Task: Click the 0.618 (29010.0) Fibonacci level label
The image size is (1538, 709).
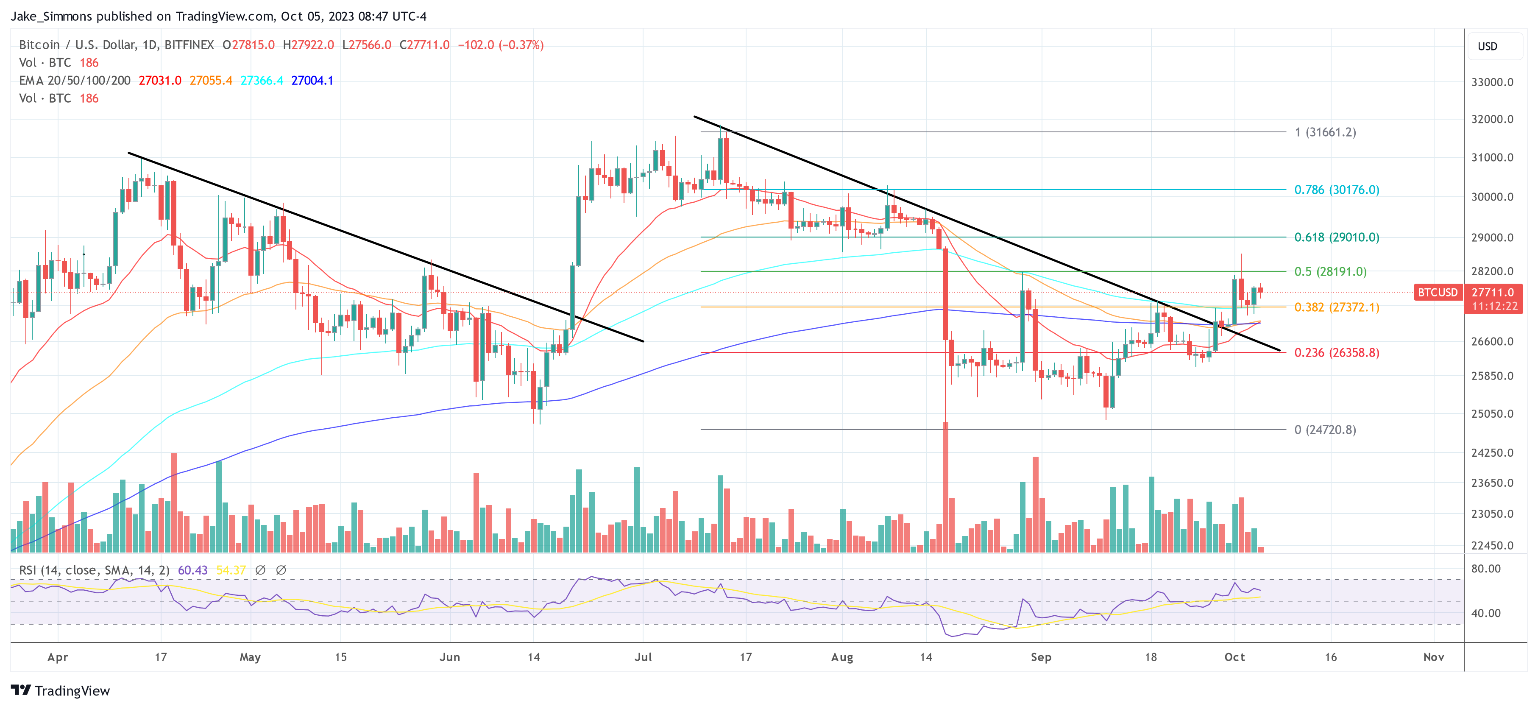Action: coord(1336,237)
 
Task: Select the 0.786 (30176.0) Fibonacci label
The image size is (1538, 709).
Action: coord(1336,190)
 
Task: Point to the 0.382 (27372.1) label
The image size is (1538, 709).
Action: coord(1336,307)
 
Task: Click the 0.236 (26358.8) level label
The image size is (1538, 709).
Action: coord(1336,352)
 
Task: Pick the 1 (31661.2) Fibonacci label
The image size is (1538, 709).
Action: coord(1325,132)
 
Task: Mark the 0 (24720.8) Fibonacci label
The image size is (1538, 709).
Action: coord(1325,430)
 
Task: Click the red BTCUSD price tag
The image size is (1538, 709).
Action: coord(1437,292)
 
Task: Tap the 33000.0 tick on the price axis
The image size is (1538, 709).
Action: coord(1492,82)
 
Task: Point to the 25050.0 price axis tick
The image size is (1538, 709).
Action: coord(1492,414)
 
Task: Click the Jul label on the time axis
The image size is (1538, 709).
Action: coord(643,657)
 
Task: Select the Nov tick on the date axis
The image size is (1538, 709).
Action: coord(1434,657)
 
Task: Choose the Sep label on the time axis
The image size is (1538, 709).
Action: coord(1041,657)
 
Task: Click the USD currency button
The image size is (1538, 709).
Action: coord(1487,47)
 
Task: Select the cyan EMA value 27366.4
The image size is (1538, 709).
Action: coord(262,81)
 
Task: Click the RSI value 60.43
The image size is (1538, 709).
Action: coord(192,570)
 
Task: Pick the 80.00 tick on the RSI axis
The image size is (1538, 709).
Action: coord(1485,569)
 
